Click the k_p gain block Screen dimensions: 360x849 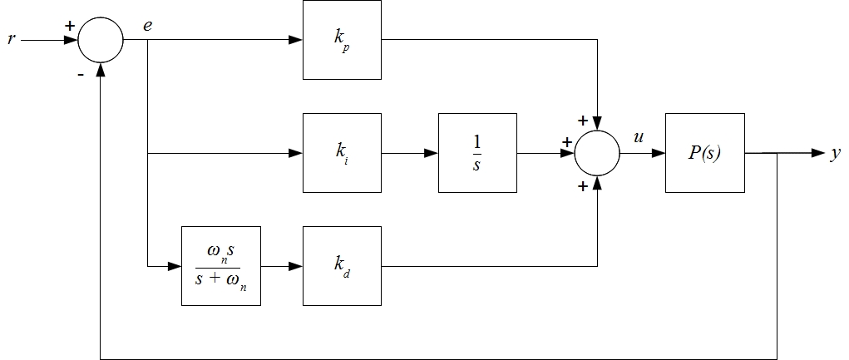tap(342, 40)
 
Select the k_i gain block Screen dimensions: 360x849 tap(342, 153)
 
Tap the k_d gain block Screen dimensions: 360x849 tap(342, 266)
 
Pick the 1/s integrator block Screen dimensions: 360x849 tap(476, 153)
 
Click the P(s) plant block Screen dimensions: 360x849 tap(704, 153)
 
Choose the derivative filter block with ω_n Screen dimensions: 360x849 tap(220, 266)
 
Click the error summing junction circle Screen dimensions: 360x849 tap(100, 40)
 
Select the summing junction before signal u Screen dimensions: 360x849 tap(597, 153)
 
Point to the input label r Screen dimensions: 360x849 tap(11, 40)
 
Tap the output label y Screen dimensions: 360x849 tap(835, 155)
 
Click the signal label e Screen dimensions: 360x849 tap(147, 26)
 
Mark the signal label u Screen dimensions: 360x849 tap(639, 138)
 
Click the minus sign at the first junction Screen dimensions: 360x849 tap(80, 73)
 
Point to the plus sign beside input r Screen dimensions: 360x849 tap(69, 26)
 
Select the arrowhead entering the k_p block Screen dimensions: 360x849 tap(296, 40)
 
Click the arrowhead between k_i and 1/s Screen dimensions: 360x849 tap(432, 153)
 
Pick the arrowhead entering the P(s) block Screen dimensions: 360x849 tap(659, 153)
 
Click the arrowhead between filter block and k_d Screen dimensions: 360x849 tap(296, 266)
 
